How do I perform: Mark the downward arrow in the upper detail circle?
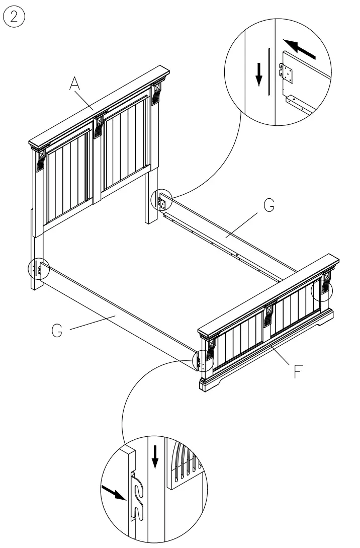coord(259,74)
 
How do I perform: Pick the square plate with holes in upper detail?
coord(288,73)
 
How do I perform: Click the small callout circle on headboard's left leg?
coord(37,269)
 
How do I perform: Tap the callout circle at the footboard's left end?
coord(202,360)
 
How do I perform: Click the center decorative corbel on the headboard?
coord(98,125)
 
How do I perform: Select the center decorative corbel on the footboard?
coord(269,314)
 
